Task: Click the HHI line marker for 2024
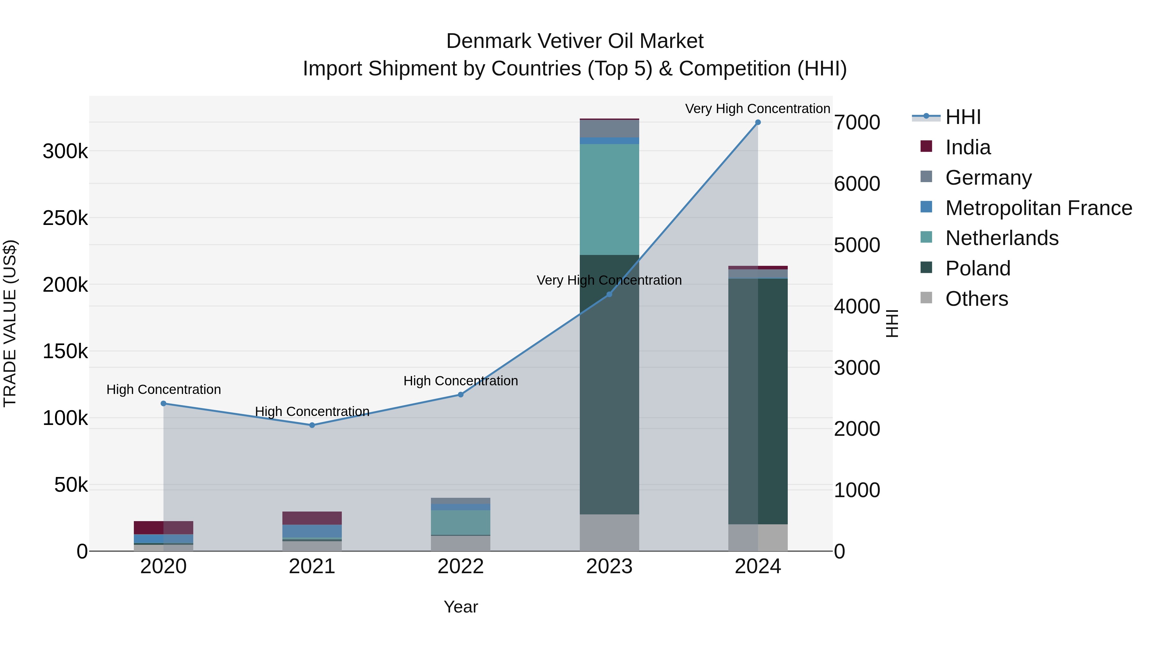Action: coord(758,122)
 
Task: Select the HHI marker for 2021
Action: coord(312,425)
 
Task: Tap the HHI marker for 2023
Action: coord(609,294)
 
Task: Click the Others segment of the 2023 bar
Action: coord(609,532)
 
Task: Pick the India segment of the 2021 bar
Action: coord(312,518)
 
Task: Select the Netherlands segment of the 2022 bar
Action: coord(460,522)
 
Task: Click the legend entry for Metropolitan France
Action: coord(1039,208)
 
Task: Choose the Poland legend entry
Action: coord(978,268)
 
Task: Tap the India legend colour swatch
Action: coord(926,146)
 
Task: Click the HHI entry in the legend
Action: coord(963,117)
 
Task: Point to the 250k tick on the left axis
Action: coord(65,218)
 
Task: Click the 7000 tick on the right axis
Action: coord(857,123)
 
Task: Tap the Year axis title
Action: coord(460,607)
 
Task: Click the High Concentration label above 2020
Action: coord(163,389)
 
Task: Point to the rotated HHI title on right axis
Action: coord(892,323)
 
